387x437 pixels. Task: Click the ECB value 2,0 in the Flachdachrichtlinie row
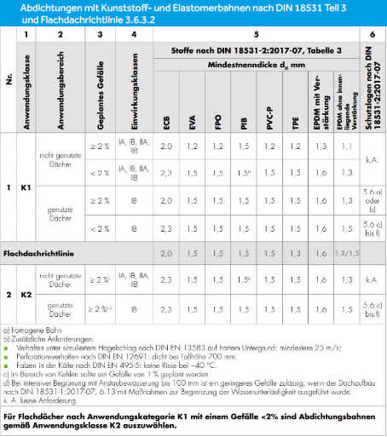coord(166,254)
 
